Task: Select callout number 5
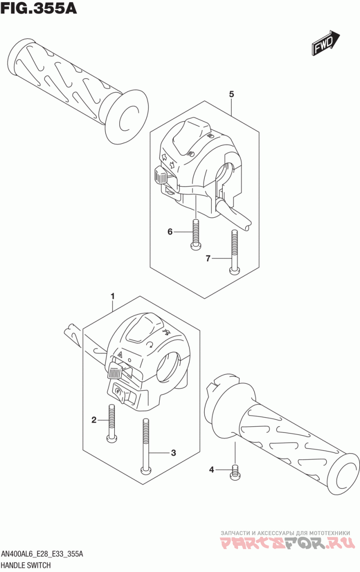pos(231,94)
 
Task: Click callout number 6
pos(170,232)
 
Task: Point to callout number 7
pos(208,258)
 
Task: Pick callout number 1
pos(112,296)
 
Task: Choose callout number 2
pos(94,420)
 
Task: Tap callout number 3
pos(173,453)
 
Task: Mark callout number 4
pos(211,470)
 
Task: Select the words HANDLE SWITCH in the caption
pos(26,565)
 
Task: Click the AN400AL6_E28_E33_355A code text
pos(43,554)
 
